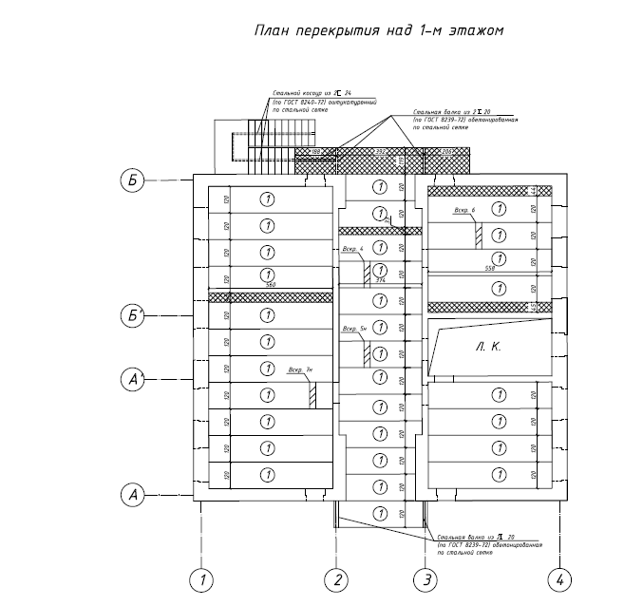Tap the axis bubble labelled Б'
point(133,315)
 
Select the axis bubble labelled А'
point(133,380)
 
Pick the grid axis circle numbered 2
point(335,578)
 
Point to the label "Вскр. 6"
point(465,210)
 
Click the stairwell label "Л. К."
point(488,348)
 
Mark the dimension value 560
point(270,285)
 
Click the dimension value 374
point(381,281)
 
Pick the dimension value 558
point(490,270)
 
